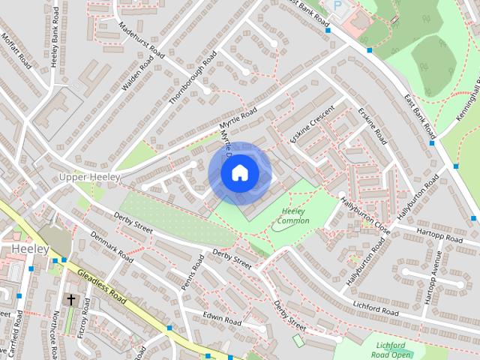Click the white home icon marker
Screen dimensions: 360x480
click(x=239, y=172)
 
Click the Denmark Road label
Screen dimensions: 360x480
click(x=112, y=247)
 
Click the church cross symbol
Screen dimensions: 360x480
click(x=71, y=299)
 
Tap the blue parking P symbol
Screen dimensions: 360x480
click(x=337, y=5)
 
